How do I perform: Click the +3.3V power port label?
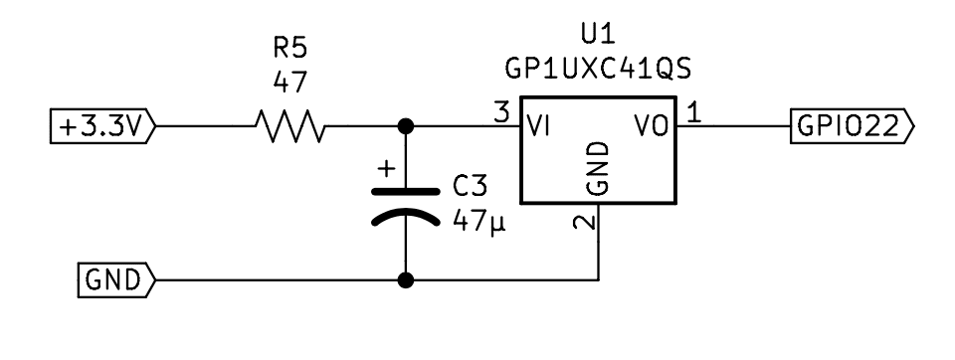(x=102, y=126)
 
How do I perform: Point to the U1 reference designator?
(x=597, y=37)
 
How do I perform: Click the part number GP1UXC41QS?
(x=597, y=72)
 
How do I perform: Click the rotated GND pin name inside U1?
(x=597, y=168)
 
